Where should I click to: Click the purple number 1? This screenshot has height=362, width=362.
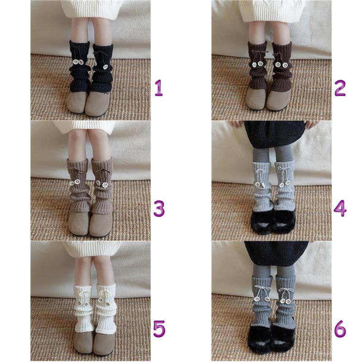tap(159, 88)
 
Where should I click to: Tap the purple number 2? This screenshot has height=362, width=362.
tap(340, 88)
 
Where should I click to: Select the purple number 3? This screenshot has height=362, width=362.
tap(159, 209)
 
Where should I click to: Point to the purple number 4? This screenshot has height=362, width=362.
tap(340, 209)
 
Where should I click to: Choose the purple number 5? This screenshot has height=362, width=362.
tap(159, 329)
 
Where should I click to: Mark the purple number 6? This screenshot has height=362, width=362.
tap(340, 329)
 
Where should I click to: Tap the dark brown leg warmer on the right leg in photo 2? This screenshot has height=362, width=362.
tap(281, 66)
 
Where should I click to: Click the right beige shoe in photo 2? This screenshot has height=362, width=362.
tap(278, 99)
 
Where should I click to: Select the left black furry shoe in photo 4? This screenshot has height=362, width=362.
tap(262, 220)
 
